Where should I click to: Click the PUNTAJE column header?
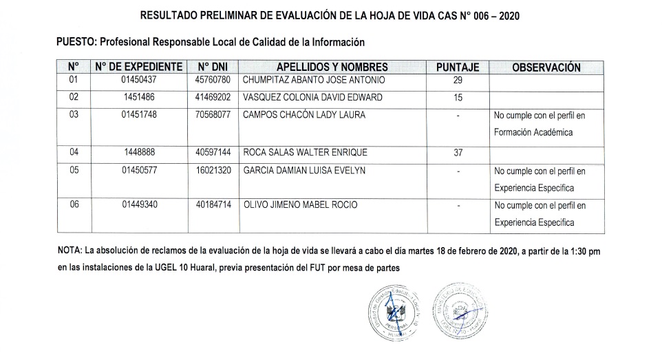pyautogui.click(x=458, y=67)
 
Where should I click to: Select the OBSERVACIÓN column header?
pyautogui.click(x=546, y=67)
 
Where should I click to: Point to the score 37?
pyautogui.click(x=458, y=152)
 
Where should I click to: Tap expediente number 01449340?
pyautogui.click(x=139, y=205)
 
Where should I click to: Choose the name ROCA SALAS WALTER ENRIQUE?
pyautogui.click(x=306, y=152)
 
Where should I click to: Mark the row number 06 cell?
pyautogui.click(x=74, y=205)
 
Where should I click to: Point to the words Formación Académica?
pyautogui.click(x=534, y=132)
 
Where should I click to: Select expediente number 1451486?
pyautogui.click(x=139, y=97)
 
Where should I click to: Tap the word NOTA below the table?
pyautogui.click(x=72, y=251)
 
